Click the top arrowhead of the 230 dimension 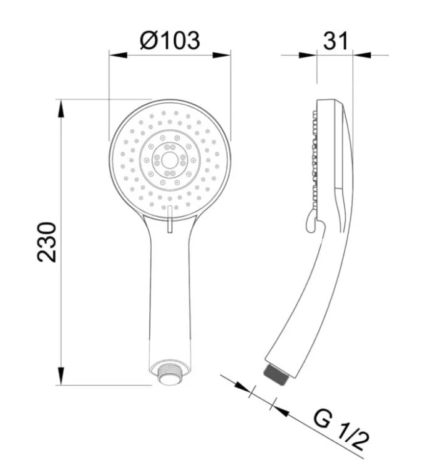point(62,108)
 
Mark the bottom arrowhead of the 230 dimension point(62,376)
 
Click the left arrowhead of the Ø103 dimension point(119,55)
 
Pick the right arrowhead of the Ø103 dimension point(222,55)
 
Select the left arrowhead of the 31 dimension point(308,55)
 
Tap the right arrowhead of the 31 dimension point(363,55)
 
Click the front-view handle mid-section point(169,287)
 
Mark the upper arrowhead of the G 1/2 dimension point(242,387)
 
